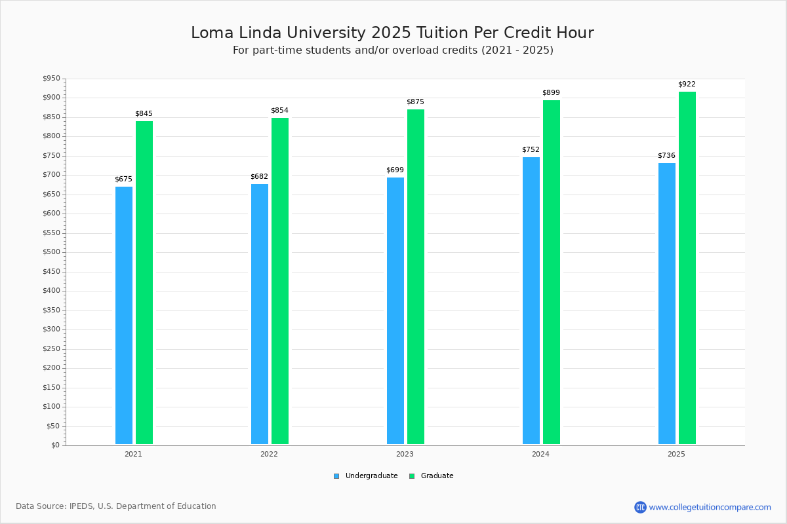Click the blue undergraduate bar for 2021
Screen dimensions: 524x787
point(124,315)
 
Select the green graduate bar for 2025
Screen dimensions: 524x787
point(687,268)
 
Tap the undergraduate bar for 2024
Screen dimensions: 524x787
point(531,301)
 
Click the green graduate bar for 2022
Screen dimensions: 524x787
point(280,281)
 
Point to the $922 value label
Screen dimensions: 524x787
point(687,84)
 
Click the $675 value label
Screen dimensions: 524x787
point(123,179)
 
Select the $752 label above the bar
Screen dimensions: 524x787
point(531,150)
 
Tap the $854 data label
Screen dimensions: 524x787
point(279,111)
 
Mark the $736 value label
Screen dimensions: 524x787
point(666,156)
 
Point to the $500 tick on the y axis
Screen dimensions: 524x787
point(51,252)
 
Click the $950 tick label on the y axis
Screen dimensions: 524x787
point(51,79)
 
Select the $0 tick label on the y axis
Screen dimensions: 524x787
point(54,445)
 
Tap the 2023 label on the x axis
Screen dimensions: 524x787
point(405,454)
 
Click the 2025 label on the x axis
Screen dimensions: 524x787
point(676,454)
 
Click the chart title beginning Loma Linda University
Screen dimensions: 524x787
point(392,33)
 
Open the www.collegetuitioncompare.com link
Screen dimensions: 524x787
point(710,507)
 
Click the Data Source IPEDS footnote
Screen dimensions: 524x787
point(116,506)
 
